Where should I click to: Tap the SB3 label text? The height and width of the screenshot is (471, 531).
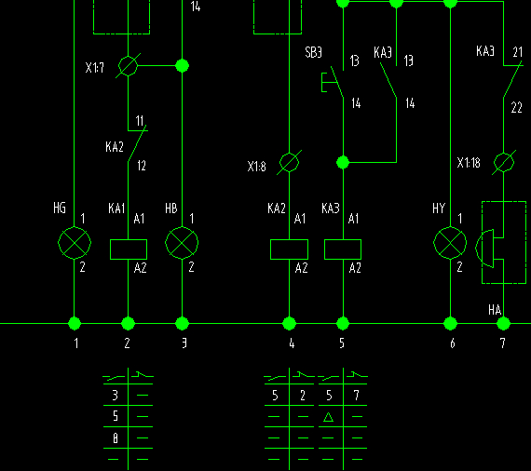[x=313, y=52]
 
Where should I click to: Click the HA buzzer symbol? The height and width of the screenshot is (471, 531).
[x=485, y=249]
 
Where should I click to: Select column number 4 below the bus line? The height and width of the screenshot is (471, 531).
[x=292, y=343]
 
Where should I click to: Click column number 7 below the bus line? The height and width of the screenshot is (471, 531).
[x=503, y=343]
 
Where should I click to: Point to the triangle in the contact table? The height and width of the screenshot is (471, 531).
[x=328, y=417]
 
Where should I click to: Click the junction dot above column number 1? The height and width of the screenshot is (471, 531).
[x=75, y=324]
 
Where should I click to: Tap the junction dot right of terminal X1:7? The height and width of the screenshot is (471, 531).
[x=183, y=66]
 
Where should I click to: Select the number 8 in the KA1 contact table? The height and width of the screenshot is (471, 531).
[x=116, y=438]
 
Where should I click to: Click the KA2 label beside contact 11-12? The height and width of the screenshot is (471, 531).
[x=115, y=147]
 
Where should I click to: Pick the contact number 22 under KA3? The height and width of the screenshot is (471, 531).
[x=516, y=108]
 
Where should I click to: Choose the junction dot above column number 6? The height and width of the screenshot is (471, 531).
[x=450, y=324]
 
